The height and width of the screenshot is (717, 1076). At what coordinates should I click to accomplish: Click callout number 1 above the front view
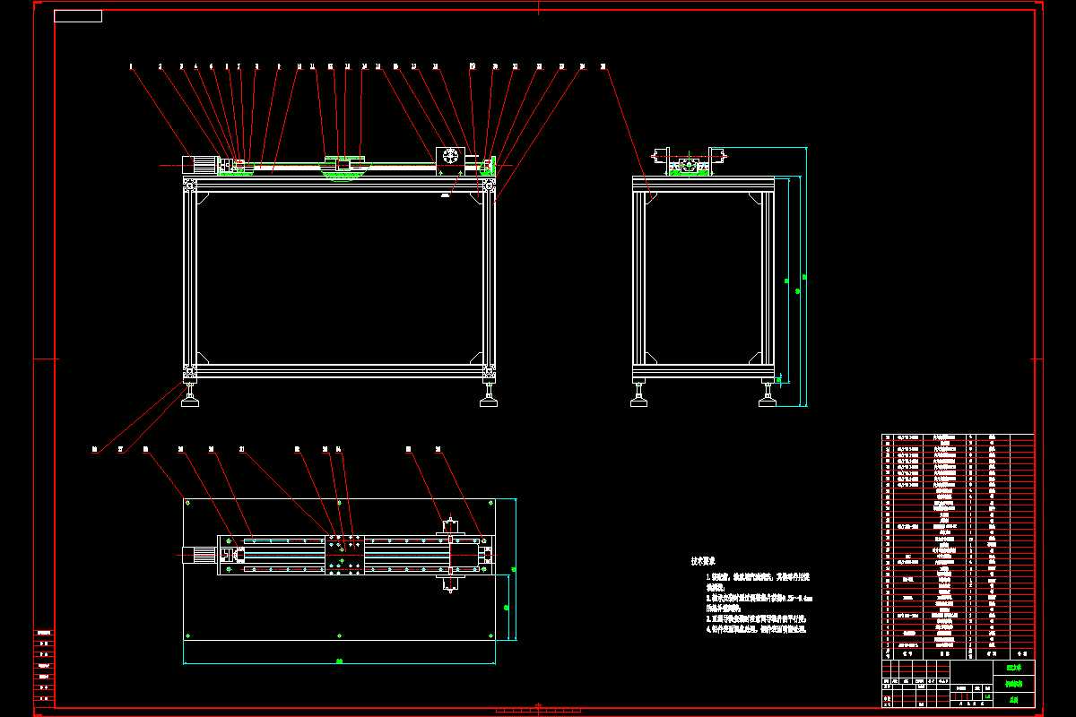point(131,66)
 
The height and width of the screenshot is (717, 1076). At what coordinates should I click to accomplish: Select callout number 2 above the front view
point(161,66)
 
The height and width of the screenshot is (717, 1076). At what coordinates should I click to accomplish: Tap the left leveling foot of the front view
point(190,400)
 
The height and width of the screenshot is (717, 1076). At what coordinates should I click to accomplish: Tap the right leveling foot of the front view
point(489,400)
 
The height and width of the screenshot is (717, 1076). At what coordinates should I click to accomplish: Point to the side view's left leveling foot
point(639,400)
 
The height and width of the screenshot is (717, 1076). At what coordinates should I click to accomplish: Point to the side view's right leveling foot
point(768,400)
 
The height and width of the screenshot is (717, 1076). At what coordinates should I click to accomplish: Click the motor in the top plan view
point(200,555)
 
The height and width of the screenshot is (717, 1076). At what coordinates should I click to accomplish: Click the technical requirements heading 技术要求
point(702,561)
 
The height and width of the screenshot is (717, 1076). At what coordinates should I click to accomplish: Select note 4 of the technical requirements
point(758,630)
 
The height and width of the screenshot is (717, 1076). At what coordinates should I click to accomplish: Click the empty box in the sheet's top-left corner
point(78,16)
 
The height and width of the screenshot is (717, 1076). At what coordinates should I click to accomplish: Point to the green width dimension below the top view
point(340,661)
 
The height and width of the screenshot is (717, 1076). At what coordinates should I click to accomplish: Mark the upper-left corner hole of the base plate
point(188,504)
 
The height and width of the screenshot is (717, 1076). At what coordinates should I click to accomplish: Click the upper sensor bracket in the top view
point(450,526)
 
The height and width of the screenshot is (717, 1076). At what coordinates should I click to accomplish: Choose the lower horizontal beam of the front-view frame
point(340,369)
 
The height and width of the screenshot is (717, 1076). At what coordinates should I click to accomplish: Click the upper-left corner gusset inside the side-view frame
point(650,196)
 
